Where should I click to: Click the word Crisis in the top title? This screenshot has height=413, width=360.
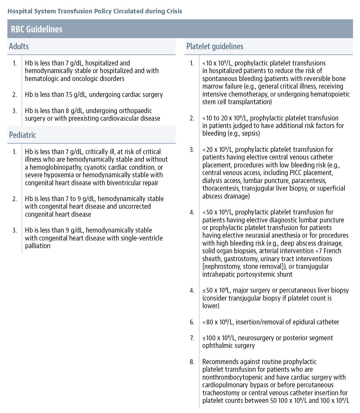(x=174, y=11)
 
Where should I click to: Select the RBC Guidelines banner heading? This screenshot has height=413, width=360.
(x=37, y=29)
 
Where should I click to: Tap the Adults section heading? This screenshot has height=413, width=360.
(x=19, y=46)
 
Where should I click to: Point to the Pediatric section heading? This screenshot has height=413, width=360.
(x=22, y=135)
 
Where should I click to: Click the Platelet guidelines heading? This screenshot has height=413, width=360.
(x=215, y=46)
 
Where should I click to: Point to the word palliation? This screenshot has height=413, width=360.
(x=37, y=246)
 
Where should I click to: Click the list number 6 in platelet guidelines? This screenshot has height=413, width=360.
(x=192, y=322)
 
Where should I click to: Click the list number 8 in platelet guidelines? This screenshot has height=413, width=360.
(x=192, y=362)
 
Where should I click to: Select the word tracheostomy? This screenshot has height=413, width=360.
(x=221, y=393)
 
